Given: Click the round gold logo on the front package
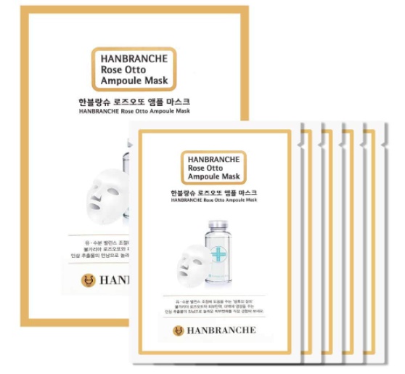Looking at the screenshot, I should [179, 331].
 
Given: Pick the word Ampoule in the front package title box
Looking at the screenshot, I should [200, 177].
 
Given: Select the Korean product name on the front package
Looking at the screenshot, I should [213, 193].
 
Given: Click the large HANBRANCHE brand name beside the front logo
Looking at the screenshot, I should [222, 331].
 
